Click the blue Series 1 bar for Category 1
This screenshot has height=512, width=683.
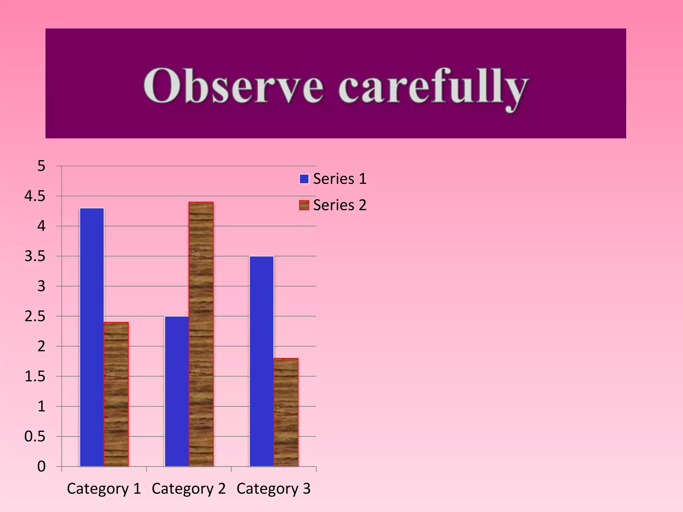[x=92, y=337]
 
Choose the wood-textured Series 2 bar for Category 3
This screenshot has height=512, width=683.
[x=286, y=412]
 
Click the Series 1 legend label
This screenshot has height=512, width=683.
[x=339, y=179]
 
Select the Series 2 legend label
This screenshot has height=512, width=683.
[x=339, y=205]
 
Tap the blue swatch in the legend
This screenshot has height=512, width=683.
[x=304, y=179]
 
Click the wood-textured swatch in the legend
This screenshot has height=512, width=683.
[x=304, y=205]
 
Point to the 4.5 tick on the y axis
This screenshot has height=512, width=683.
[x=35, y=196]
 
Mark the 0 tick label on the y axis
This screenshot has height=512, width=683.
[x=41, y=467]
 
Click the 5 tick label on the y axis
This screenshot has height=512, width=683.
[x=41, y=166]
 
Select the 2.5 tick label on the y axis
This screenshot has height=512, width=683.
[x=35, y=316]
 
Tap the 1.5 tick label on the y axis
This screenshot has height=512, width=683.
[x=35, y=377]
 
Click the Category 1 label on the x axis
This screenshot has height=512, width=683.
[x=104, y=489]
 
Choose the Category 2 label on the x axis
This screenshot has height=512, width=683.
[x=189, y=489]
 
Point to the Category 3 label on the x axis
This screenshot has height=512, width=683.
[x=273, y=489]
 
